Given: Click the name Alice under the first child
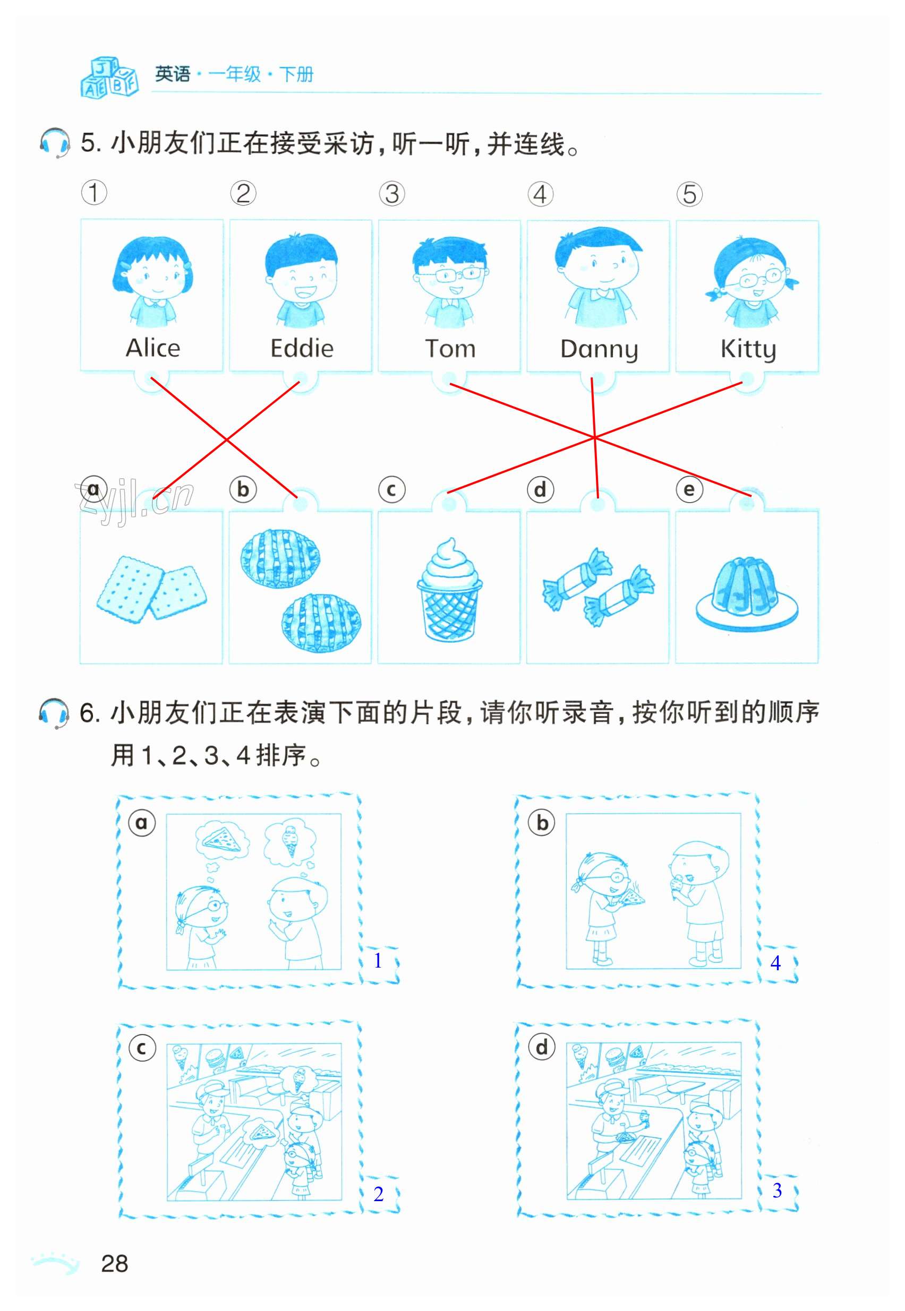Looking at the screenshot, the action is [152, 347].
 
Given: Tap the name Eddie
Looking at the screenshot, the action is [302, 348].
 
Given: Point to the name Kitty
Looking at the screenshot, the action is [748, 350].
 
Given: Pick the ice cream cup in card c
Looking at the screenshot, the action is [449, 589].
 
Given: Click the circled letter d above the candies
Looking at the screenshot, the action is [540, 489].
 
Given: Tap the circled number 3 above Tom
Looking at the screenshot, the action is [392, 194].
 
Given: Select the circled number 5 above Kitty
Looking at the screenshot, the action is [689, 194].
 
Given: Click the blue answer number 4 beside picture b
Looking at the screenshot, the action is [776, 963].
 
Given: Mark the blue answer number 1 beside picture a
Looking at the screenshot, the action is [378, 960].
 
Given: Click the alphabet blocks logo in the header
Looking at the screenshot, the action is [109, 77].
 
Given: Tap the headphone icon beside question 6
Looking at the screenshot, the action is [54, 713].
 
